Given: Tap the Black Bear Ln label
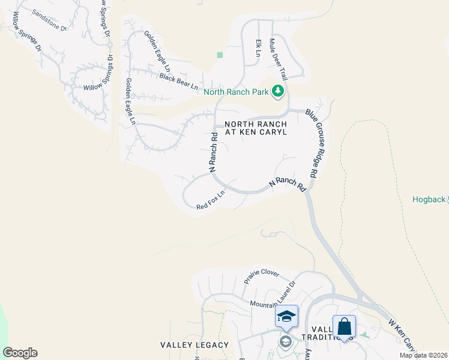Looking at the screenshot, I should click(x=178, y=81).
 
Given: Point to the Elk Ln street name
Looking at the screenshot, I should click(x=258, y=49).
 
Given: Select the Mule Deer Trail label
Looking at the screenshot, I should click(x=279, y=59).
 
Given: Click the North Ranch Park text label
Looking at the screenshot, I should click(x=236, y=92).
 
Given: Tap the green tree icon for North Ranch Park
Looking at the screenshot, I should click(x=277, y=91).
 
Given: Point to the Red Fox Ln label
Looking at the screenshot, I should click(x=210, y=200).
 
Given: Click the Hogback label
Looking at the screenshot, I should click(x=429, y=200).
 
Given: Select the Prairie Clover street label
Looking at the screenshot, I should click(x=262, y=277).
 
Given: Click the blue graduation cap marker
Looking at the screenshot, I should click(x=286, y=316).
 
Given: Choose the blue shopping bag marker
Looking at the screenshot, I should click(x=344, y=326).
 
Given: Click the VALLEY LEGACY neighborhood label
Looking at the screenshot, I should click(x=194, y=345).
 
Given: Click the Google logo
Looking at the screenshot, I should click(x=20, y=353).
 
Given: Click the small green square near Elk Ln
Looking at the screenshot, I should click(x=220, y=55).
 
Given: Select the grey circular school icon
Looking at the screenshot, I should click(x=285, y=342).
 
